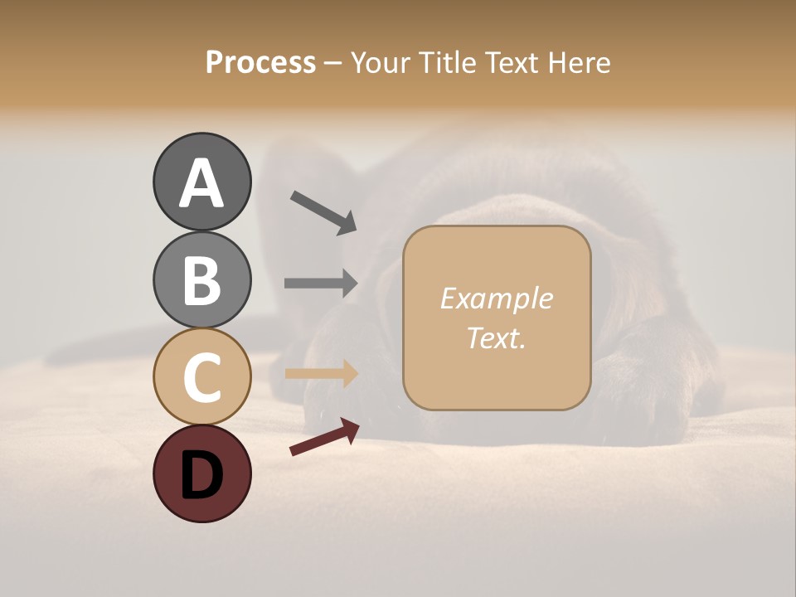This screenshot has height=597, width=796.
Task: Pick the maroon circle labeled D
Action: (x=201, y=473)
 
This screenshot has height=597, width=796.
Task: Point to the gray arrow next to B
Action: (x=321, y=283)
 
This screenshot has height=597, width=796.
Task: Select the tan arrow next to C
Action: (x=321, y=374)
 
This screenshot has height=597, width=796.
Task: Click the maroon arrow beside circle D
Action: (x=324, y=437)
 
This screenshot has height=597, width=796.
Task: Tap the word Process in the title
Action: (x=260, y=62)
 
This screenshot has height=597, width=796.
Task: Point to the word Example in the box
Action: (x=496, y=298)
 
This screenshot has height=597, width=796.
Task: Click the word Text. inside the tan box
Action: (x=496, y=338)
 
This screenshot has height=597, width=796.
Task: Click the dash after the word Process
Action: (x=332, y=64)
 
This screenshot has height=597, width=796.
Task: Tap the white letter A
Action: (x=202, y=183)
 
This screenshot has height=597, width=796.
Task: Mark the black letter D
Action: (x=201, y=474)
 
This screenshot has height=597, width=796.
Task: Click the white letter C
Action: (x=201, y=377)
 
